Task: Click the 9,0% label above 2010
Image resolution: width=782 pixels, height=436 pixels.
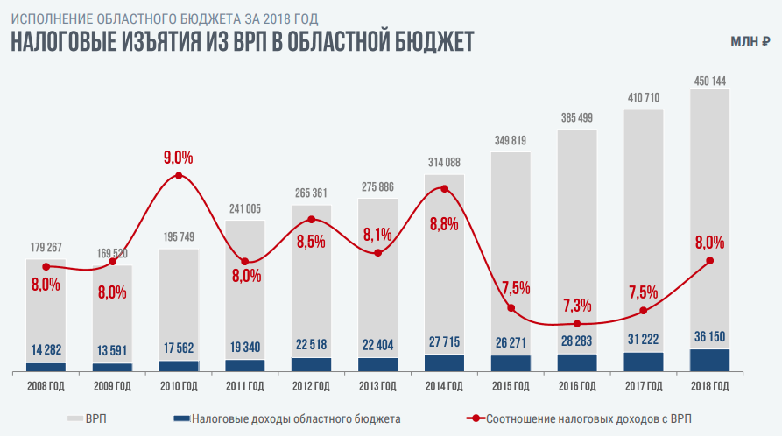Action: coord(178,158)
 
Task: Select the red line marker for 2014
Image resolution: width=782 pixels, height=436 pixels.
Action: coord(444,189)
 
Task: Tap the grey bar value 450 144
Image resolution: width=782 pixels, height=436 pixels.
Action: coord(709,81)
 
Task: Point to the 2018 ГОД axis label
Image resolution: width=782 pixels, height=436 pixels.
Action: coord(709,386)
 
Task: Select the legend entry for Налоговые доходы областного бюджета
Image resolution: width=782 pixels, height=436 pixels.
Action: coord(296,419)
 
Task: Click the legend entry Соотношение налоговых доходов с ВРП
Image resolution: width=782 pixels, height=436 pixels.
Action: coord(591,419)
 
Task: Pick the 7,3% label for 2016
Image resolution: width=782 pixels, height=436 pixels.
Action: coord(577,306)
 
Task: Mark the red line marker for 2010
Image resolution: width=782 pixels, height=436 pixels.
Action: coord(179,176)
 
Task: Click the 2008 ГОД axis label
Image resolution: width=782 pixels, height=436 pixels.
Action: coord(46,386)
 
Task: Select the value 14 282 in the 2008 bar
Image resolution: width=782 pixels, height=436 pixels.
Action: coord(46,350)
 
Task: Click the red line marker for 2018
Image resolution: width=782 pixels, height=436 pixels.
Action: coord(709,260)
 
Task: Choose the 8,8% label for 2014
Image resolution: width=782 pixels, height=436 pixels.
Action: coord(445,223)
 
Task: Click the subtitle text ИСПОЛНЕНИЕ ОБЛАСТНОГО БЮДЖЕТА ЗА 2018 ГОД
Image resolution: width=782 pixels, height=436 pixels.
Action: coord(164,18)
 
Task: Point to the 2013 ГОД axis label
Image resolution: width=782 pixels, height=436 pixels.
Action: coord(377,386)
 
